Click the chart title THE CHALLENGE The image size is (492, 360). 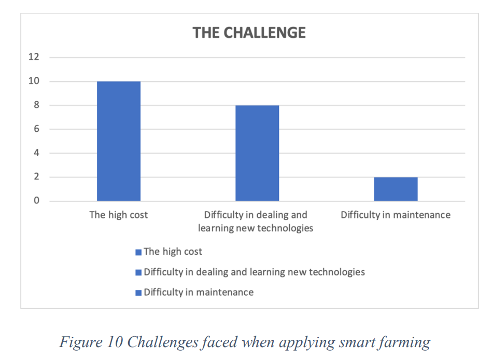pos(249,33)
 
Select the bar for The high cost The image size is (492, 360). pos(119,141)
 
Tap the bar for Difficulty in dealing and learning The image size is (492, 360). pos(257,153)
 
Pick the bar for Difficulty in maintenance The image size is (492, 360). pos(396,189)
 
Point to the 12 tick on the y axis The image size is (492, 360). pos(34,57)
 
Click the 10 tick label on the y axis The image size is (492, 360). pos(34,81)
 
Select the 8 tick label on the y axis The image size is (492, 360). pos(37,105)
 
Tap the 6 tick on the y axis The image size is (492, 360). pos(37,129)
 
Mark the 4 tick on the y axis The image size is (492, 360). pos(37,153)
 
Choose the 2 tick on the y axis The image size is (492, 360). pos(37,177)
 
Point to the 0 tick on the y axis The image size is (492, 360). pos(37,201)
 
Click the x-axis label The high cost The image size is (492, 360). pos(119,215)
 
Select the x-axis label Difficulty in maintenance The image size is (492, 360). pos(396,215)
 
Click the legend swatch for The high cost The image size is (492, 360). pos(138,252)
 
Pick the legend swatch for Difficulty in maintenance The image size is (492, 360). pos(138,293)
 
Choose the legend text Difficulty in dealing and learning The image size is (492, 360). pos(254,272)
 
